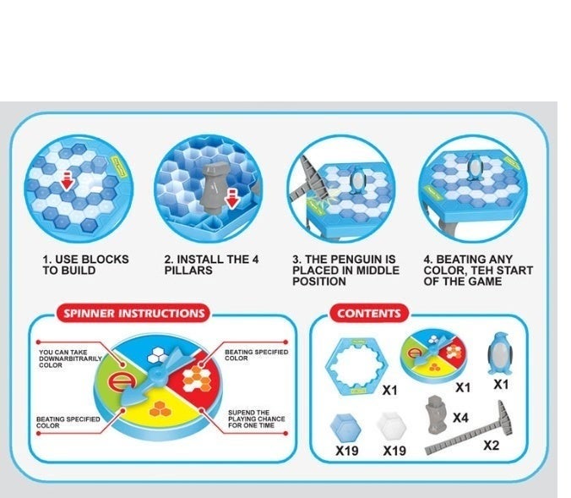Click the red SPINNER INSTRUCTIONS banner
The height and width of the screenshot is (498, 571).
tap(133, 313)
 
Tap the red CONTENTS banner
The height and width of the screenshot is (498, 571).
tap(369, 313)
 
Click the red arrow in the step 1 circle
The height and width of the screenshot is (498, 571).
tap(67, 181)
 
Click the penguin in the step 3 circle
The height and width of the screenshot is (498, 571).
tap(357, 180)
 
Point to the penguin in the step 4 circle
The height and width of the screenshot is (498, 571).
tap(475, 167)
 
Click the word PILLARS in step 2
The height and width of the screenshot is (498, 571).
tap(188, 271)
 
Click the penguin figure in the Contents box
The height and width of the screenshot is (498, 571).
tap(499, 353)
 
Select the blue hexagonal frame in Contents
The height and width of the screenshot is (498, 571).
tap(356, 366)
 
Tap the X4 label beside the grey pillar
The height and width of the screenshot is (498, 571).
tap(460, 418)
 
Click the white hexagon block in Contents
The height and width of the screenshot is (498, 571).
tap(392, 426)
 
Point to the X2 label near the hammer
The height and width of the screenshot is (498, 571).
tap(492, 445)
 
